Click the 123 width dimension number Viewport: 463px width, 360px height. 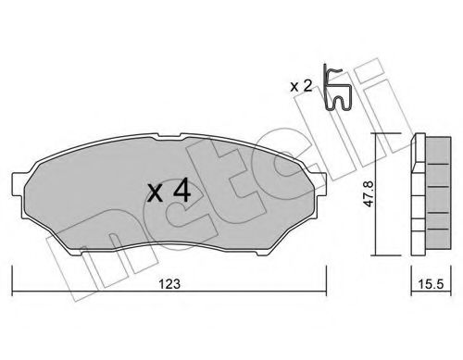pyautogui.click(x=169, y=284)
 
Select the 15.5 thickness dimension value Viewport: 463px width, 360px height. pyautogui.click(x=431, y=284)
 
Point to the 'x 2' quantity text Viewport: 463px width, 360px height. pyautogui.click(x=301, y=86)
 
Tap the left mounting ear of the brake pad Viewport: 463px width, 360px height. pyautogui.click(x=18, y=184)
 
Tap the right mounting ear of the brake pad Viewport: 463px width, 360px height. pyautogui.click(x=320, y=184)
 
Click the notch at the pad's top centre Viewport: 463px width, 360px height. pyautogui.click(x=167, y=136)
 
